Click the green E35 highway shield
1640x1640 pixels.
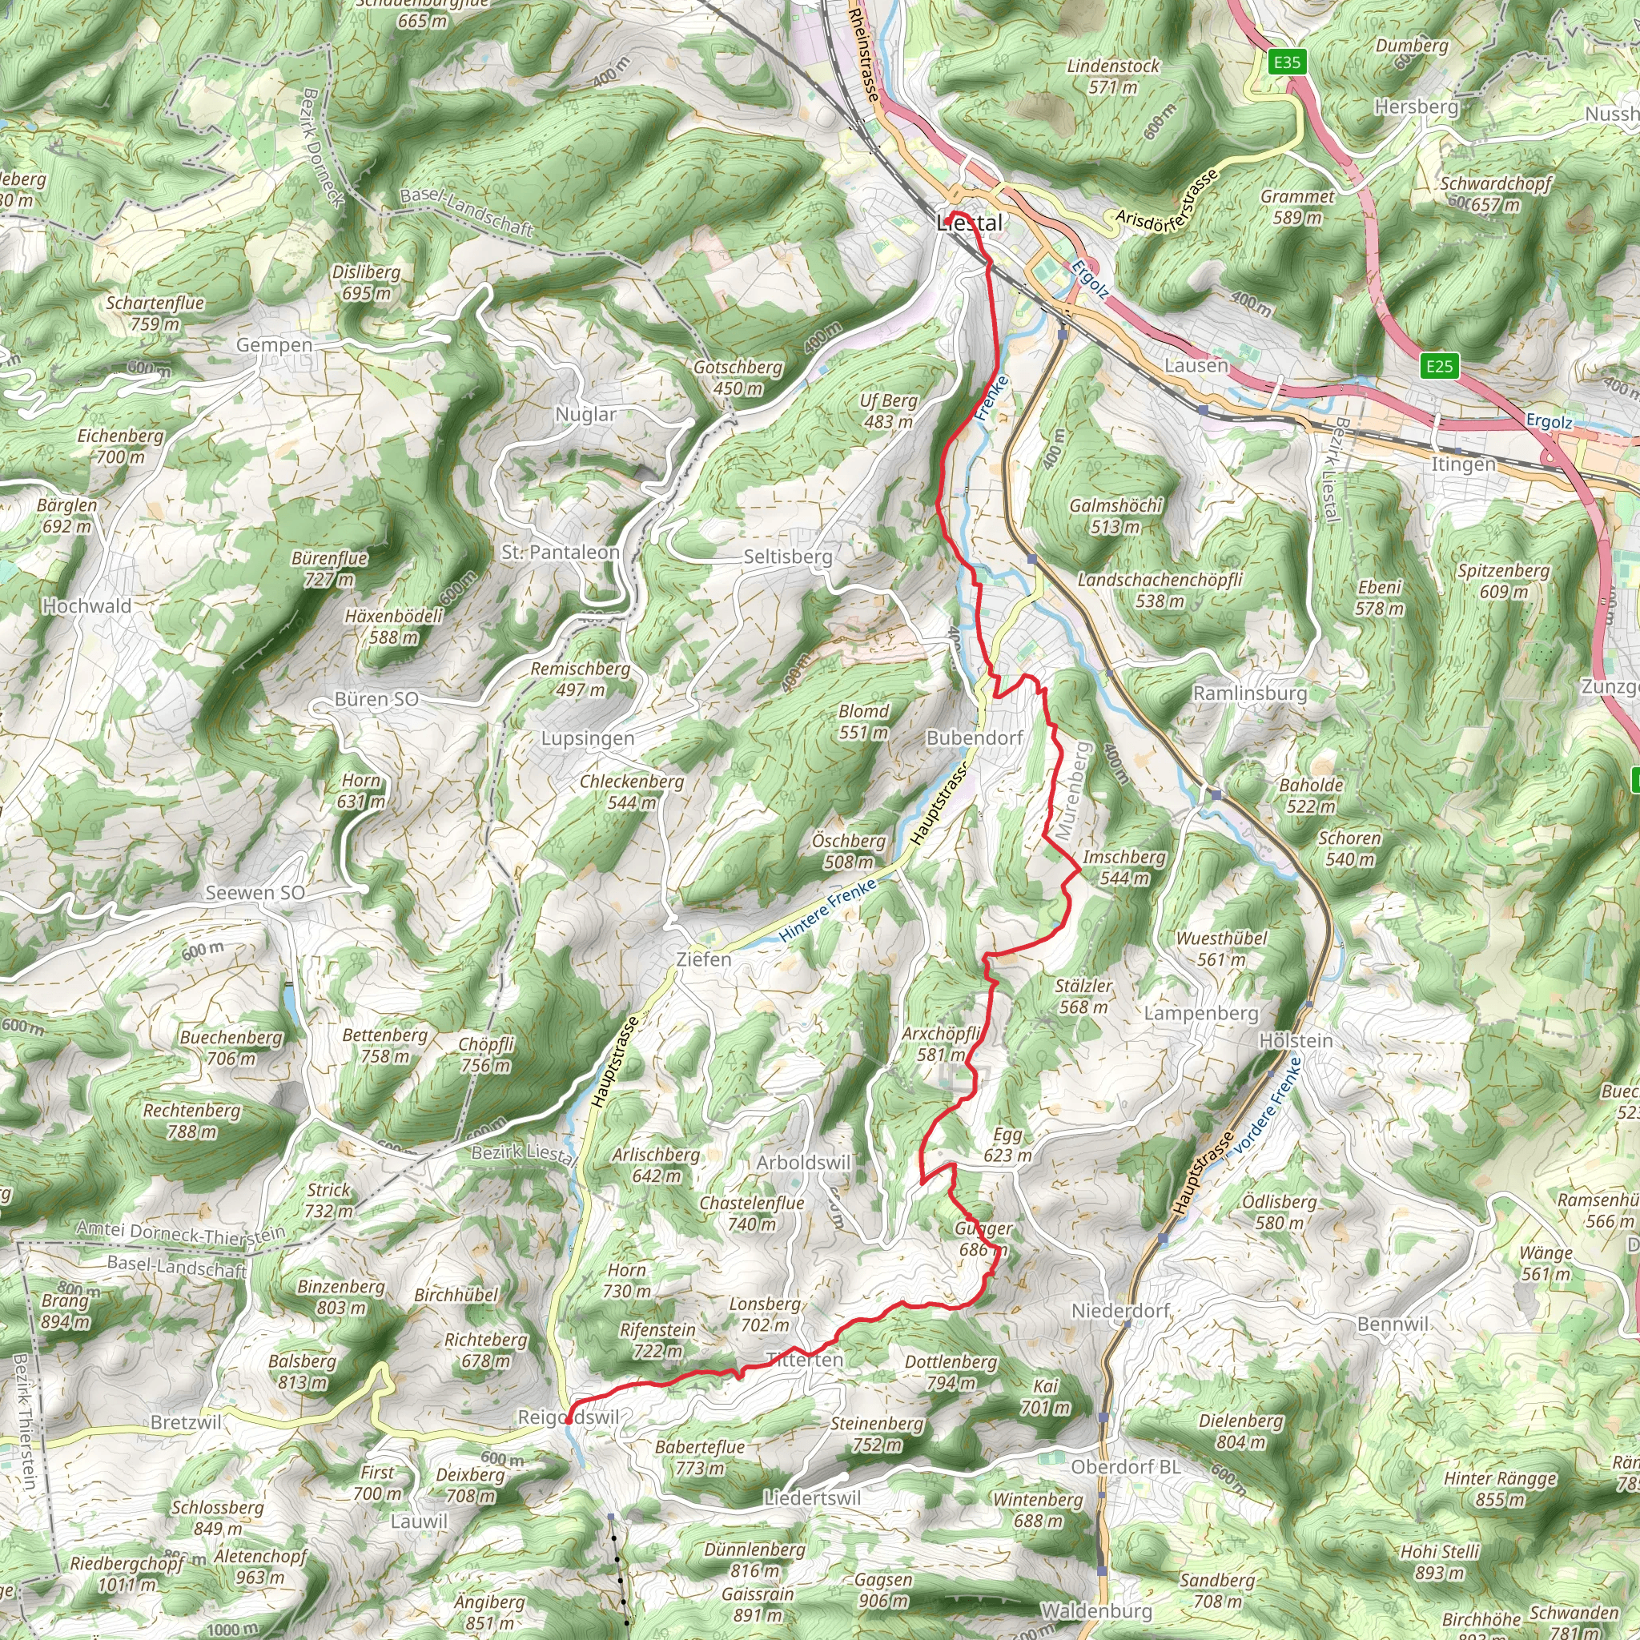click(x=1287, y=62)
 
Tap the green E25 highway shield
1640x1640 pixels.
click(x=1439, y=366)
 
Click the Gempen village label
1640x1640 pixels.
click(x=274, y=344)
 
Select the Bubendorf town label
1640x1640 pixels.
click(x=975, y=738)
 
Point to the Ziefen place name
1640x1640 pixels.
click(x=703, y=959)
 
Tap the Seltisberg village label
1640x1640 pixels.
click(x=788, y=557)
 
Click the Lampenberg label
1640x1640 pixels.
click(x=1201, y=1014)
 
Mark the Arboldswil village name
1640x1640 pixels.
click(x=803, y=1162)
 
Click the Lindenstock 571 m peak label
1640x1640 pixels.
click(x=1113, y=76)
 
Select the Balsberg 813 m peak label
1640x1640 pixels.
click(x=302, y=1372)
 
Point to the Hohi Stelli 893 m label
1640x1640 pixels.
click(x=1440, y=1562)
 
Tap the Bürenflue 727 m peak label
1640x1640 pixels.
click(x=329, y=569)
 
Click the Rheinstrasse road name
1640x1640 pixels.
click(x=864, y=54)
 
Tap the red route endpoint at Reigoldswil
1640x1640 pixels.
click(x=568, y=1418)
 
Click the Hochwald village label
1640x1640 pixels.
click(x=87, y=606)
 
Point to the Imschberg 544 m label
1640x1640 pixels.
click(x=1123, y=867)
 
